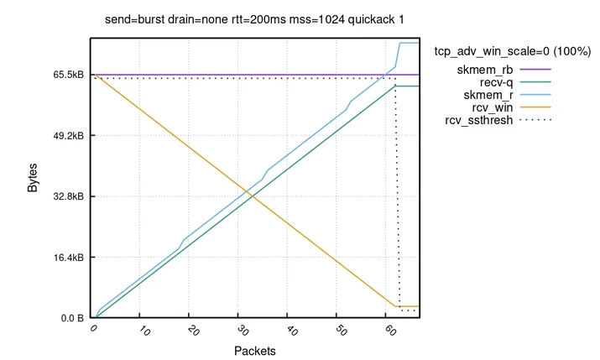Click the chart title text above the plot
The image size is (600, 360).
tap(254, 19)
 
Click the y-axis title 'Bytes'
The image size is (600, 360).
tap(33, 178)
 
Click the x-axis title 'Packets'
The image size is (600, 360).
tap(255, 351)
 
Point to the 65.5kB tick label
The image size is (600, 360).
tap(69, 75)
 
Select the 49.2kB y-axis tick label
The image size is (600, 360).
tap(69, 135)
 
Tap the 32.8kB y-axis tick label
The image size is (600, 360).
tap(69, 196)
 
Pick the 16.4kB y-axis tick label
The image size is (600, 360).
tap(69, 258)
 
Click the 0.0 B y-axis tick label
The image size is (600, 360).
tap(72, 318)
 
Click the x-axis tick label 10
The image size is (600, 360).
tap(143, 331)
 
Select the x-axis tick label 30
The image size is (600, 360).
tap(242, 331)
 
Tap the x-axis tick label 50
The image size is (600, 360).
tap(340, 331)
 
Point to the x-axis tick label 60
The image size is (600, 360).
tap(389, 331)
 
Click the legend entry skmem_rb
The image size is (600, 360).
tap(485, 70)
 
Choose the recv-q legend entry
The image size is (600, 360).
tap(496, 82)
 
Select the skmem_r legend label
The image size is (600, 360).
tap(488, 95)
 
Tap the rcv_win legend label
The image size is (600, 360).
tap(493, 107)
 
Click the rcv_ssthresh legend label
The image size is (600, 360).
tap(478, 120)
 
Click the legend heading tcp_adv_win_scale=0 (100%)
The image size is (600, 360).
tap(513, 51)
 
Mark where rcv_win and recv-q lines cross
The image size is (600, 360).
tap(253, 196)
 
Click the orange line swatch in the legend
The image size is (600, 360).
tap(535, 107)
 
